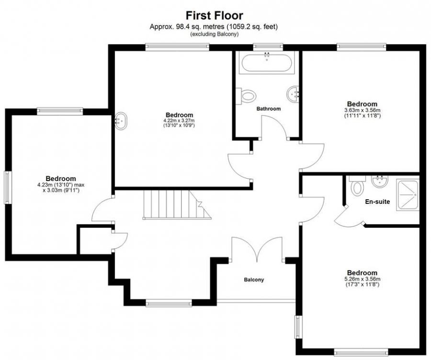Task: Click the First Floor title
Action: tap(215, 15)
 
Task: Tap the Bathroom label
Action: tap(269, 109)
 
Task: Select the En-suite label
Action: tap(377, 202)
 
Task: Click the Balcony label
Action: tap(254, 280)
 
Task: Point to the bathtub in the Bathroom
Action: tap(267, 62)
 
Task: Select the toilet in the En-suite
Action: tap(357, 186)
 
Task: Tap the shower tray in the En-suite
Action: tap(408, 195)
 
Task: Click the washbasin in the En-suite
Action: tap(380, 181)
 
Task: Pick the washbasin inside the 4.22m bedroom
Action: tap(121, 121)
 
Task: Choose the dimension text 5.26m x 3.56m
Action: tap(363, 279)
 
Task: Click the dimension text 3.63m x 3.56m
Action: tap(363, 110)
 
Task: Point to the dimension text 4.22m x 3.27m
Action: tap(179, 121)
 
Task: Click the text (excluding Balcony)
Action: tap(214, 34)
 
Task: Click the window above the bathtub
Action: tap(268, 47)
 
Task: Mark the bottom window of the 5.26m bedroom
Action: tap(361, 352)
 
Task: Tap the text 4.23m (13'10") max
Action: tap(61, 185)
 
